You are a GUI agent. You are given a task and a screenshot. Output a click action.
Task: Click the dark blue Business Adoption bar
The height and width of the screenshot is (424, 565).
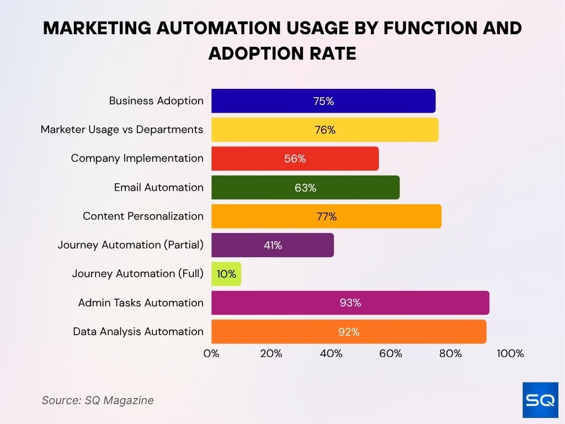click(x=323, y=101)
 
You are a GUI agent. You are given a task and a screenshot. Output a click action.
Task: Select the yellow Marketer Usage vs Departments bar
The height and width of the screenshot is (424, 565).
click(x=324, y=130)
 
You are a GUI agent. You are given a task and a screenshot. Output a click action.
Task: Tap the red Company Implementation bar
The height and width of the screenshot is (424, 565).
click(x=295, y=158)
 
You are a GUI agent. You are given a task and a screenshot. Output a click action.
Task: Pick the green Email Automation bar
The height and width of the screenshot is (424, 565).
click(x=305, y=187)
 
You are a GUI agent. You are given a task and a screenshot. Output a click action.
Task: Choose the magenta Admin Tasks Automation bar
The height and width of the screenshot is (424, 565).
click(x=350, y=303)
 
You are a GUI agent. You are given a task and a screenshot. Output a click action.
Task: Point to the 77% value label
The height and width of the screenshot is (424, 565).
click(x=327, y=216)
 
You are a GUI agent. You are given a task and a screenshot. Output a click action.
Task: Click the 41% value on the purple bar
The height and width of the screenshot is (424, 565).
click(x=273, y=245)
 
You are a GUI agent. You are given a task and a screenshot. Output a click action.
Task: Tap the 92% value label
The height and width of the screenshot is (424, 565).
click(x=349, y=332)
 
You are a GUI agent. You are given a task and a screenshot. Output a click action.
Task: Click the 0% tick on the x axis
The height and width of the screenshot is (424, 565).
click(x=211, y=353)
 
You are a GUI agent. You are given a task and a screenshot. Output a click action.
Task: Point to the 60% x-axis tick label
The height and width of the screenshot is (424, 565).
click(x=391, y=353)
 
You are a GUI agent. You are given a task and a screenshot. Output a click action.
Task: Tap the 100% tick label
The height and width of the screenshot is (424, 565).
click(x=510, y=353)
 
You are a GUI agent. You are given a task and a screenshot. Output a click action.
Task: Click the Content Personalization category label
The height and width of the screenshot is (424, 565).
click(x=143, y=216)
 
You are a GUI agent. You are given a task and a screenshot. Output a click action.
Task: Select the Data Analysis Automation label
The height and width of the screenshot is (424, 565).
click(x=138, y=331)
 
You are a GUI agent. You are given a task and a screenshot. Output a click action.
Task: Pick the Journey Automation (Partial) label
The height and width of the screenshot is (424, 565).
click(x=130, y=245)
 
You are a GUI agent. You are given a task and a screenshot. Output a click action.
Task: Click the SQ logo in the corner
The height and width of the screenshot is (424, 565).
click(x=540, y=400)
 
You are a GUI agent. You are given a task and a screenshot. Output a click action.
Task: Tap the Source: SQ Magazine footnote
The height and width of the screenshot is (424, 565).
click(x=98, y=400)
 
